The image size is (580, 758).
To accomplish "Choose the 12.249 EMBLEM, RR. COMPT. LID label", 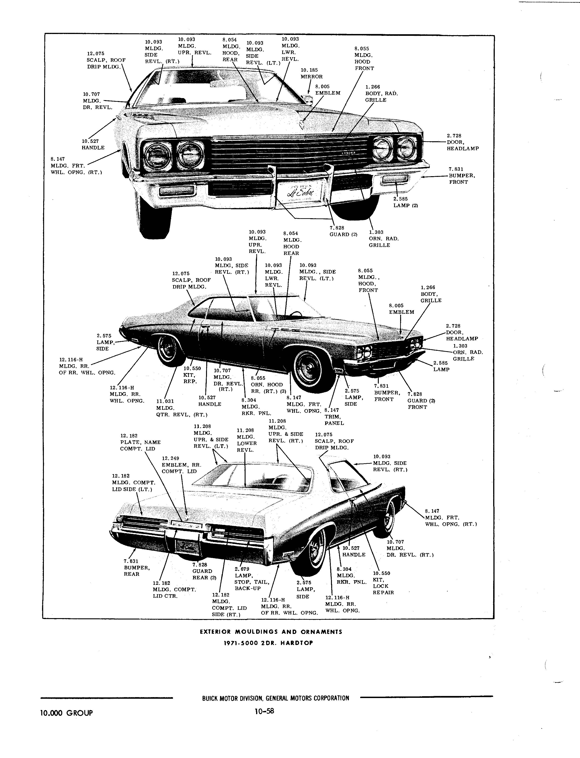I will (181, 465).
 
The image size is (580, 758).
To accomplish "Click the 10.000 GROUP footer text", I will (67, 713).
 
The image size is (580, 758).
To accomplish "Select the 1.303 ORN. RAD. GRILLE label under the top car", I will (384, 238).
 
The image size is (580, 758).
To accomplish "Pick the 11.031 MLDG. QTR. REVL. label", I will (181, 408).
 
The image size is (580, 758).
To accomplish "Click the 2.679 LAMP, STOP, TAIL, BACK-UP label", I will (251, 579).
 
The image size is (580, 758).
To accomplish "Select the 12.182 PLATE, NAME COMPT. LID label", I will (140, 442).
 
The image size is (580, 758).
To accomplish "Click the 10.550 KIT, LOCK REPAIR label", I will (383, 583).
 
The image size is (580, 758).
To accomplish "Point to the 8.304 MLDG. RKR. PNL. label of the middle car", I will (256, 406).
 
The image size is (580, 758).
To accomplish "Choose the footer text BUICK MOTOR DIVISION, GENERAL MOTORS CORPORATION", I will (275, 698).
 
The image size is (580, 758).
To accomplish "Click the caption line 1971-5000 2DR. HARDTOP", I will (269, 643).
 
